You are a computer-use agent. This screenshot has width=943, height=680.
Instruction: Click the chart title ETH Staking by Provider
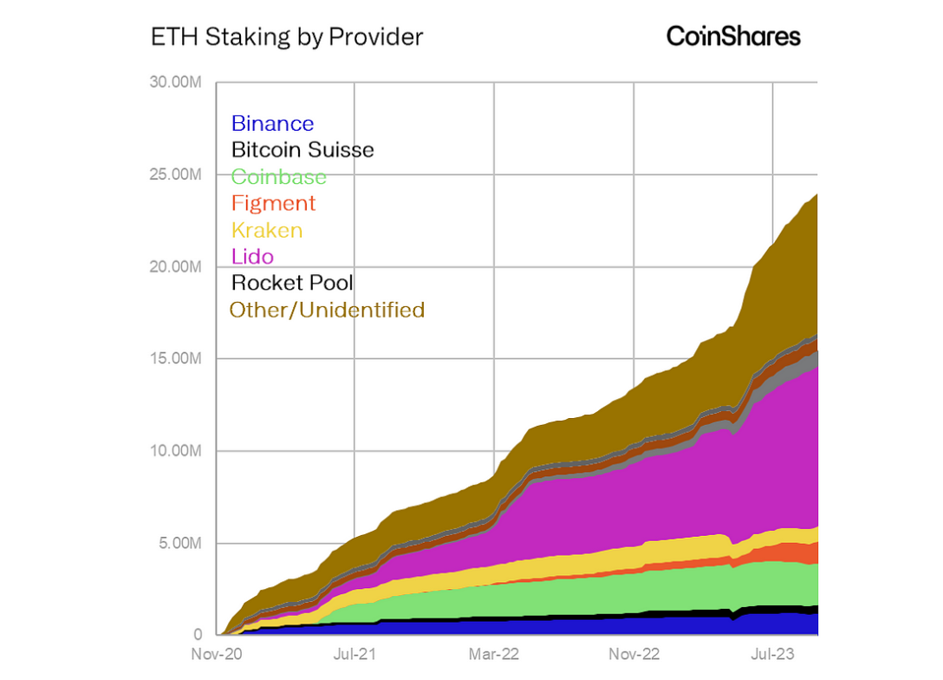click(x=287, y=37)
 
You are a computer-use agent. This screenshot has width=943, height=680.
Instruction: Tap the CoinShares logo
click(x=733, y=36)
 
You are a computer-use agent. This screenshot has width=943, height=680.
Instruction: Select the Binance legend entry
click(x=272, y=124)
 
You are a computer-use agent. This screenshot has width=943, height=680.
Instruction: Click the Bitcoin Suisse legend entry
click(x=302, y=150)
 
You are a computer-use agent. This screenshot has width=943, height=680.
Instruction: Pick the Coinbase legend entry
click(x=279, y=177)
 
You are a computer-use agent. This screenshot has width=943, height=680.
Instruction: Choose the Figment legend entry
click(x=273, y=203)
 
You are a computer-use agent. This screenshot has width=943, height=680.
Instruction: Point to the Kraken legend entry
click(x=267, y=230)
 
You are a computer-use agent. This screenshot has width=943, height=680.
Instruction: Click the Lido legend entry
click(x=252, y=256)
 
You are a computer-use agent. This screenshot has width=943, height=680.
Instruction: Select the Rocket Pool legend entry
click(x=292, y=283)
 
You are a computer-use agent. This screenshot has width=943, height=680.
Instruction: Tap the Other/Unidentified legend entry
click(x=327, y=310)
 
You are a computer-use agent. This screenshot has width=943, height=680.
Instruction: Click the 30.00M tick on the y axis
click(x=176, y=82)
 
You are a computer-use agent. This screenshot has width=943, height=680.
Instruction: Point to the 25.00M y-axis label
click(x=176, y=174)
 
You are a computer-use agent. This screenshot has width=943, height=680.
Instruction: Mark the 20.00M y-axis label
click(x=176, y=266)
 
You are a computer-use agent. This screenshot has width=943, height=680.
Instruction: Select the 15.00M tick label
click(x=177, y=358)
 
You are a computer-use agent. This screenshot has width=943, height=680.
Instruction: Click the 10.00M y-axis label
click(x=177, y=451)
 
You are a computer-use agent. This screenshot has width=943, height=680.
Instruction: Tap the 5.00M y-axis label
click(x=179, y=543)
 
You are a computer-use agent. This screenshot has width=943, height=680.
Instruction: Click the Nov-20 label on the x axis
click(x=216, y=654)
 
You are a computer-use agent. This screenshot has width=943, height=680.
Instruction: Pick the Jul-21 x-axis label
click(x=354, y=654)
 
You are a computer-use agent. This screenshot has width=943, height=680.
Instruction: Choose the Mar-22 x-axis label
click(x=494, y=654)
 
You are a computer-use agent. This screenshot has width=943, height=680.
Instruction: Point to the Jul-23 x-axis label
click(x=772, y=654)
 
